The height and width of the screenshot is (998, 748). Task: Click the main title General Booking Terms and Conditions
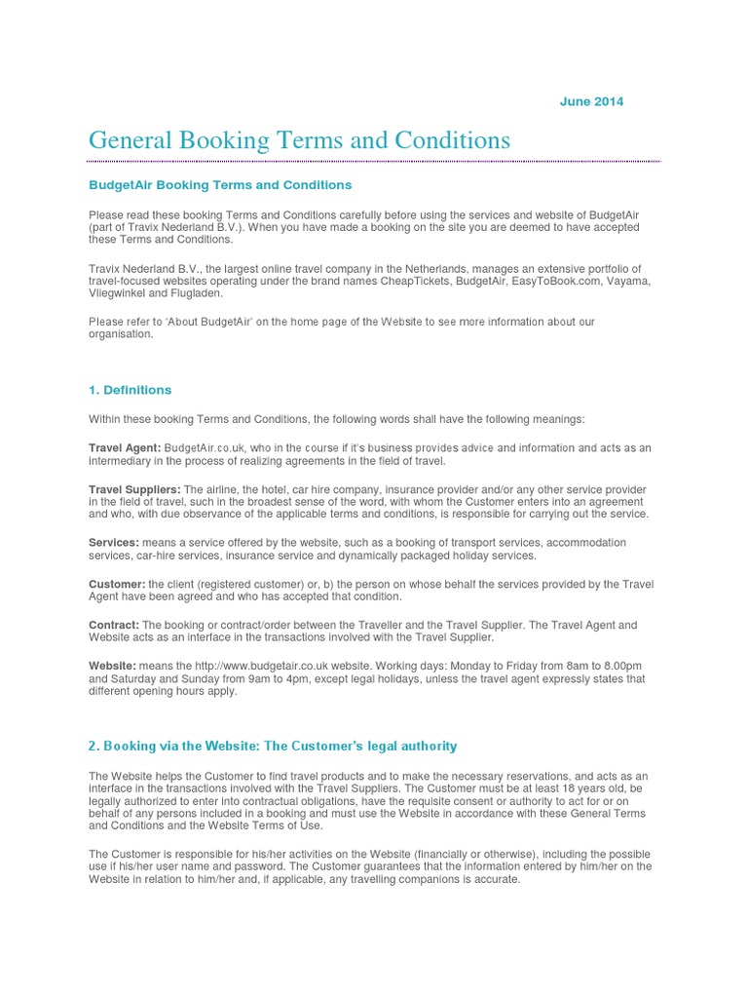(299, 140)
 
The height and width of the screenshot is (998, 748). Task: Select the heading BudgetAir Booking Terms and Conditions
(220, 184)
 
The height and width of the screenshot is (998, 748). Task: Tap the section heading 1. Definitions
(130, 390)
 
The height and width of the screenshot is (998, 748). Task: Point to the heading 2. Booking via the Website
(272, 746)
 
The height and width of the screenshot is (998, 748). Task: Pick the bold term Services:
(114, 542)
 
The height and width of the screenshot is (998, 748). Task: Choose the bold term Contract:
(115, 625)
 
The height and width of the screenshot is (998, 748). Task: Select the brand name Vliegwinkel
(120, 292)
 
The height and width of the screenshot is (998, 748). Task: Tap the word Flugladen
(197, 292)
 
